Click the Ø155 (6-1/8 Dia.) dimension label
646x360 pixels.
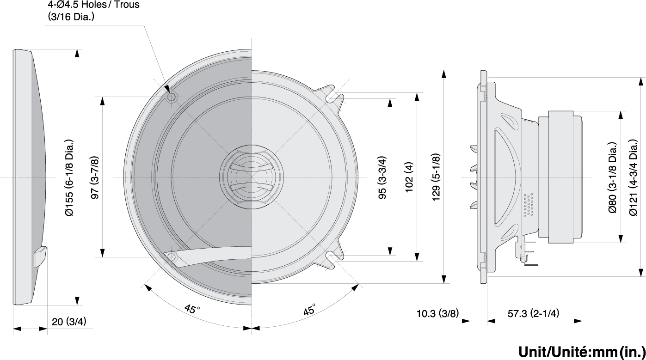click(69, 177)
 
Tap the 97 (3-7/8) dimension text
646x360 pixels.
click(95, 177)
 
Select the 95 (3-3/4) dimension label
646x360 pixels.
click(382, 177)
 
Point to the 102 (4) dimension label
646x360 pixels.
click(409, 177)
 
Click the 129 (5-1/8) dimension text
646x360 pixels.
click(436, 177)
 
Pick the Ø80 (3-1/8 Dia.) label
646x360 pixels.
click(613, 177)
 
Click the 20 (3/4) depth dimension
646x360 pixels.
click(69, 321)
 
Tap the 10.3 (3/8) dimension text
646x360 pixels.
click(437, 313)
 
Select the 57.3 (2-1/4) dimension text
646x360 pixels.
click(533, 313)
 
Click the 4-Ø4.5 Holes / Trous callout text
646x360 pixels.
click(93, 5)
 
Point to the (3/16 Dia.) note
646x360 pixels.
click(71, 17)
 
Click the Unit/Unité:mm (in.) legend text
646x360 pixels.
click(582, 352)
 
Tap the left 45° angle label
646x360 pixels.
click(192, 309)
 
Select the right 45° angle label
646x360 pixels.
click(310, 309)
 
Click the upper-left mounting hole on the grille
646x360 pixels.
click(171, 97)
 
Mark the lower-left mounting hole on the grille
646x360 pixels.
click(171, 256)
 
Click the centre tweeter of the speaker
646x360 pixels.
click(252, 177)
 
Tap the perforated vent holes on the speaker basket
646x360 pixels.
click(529, 205)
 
